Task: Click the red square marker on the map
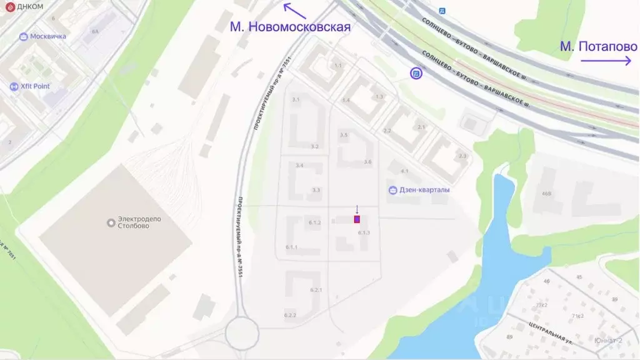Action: click(x=357, y=219)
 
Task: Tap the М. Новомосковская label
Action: click(x=290, y=27)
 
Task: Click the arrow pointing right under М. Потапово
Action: click(x=606, y=61)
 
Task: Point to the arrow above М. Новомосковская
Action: click(x=295, y=11)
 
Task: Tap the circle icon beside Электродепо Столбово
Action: click(x=111, y=222)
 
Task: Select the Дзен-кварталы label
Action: click(x=424, y=190)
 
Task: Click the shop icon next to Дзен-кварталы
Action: click(x=392, y=190)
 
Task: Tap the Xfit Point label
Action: click(x=34, y=86)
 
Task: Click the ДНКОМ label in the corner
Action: click(x=30, y=6)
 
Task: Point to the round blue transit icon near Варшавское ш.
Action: click(x=416, y=74)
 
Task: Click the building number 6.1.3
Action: click(x=364, y=232)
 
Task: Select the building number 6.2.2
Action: click(x=290, y=316)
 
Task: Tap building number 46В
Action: click(x=547, y=194)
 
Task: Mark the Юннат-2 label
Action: click(x=608, y=341)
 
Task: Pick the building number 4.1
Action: click(x=404, y=171)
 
